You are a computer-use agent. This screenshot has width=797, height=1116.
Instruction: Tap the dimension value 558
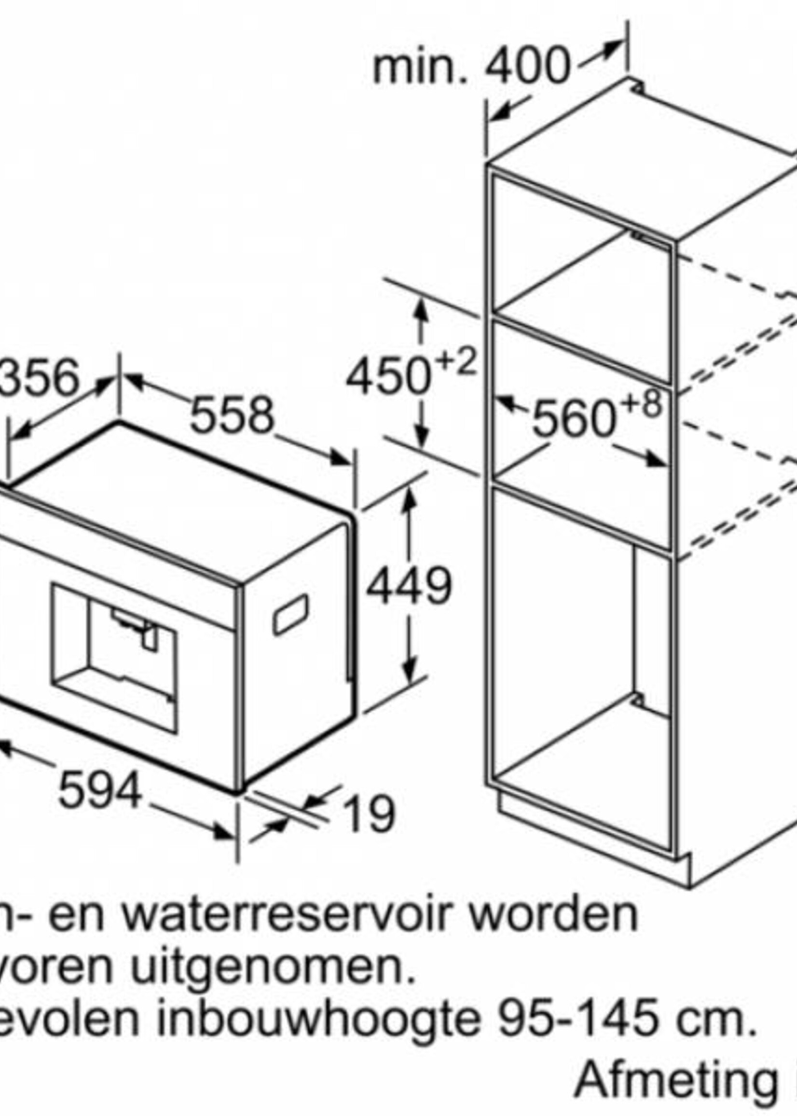[231, 416]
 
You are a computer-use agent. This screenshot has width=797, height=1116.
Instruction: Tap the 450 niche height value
[388, 377]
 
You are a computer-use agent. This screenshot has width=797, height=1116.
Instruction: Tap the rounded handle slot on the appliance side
[290, 614]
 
